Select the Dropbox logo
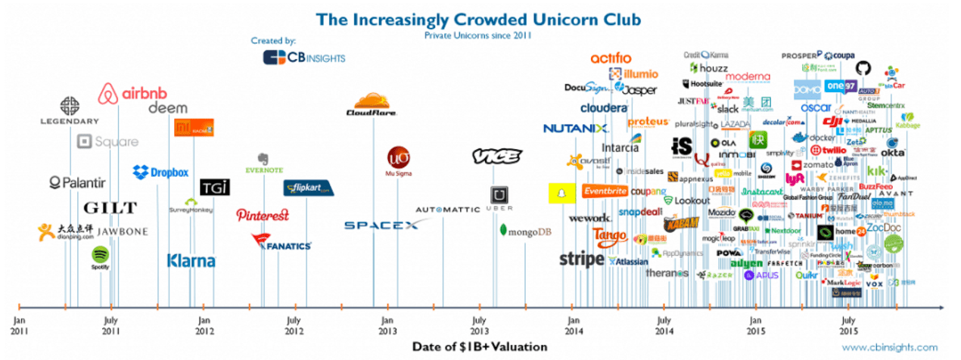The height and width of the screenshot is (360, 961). tap(160, 172)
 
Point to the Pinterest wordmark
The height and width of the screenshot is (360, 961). tap(263, 215)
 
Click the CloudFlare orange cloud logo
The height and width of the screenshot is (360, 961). tap(372, 105)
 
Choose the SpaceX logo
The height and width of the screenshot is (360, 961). tap(382, 225)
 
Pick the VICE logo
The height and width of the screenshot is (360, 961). tap(496, 156)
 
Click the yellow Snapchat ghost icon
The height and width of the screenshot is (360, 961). tap(558, 194)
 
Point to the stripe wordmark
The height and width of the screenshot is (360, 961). tap(581, 259)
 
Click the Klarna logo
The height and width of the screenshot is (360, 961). tap(191, 261)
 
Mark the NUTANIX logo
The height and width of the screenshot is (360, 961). tap(576, 128)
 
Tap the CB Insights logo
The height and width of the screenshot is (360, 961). tap(294, 57)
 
